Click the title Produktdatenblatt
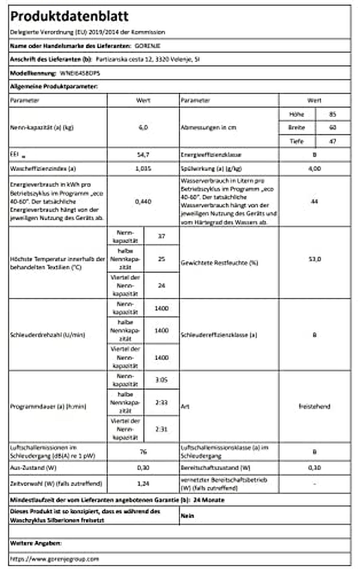(x=69, y=16)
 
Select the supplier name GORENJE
(x=148, y=46)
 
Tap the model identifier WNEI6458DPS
(x=80, y=73)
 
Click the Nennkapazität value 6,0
(x=143, y=127)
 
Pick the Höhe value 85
(x=332, y=114)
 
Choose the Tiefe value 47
(x=332, y=141)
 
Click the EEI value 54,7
(x=143, y=155)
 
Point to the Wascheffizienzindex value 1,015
(x=143, y=169)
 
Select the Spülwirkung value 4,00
(x=314, y=169)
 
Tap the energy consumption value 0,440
(x=143, y=201)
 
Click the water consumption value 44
(x=314, y=201)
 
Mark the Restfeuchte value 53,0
(x=314, y=259)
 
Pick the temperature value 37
(x=161, y=236)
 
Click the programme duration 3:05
(x=161, y=380)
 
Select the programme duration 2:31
(x=161, y=429)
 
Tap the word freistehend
(x=314, y=406)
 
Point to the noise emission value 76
(x=143, y=451)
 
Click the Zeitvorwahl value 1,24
(x=143, y=484)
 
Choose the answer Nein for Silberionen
(x=187, y=516)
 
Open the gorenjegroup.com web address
(x=54, y=559)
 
